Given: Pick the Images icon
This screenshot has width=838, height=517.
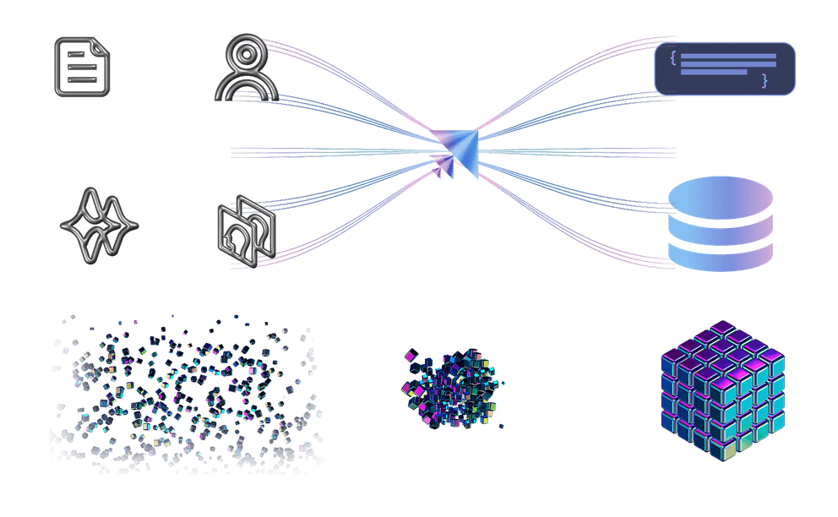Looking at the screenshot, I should coord(246,229).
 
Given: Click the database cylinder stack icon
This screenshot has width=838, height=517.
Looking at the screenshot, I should coord(720,225).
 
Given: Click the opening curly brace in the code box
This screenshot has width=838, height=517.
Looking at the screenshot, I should coord(673,57).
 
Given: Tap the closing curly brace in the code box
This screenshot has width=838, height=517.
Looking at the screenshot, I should coord(765,81).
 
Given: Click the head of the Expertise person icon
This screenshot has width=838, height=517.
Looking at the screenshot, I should coord(245,53).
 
